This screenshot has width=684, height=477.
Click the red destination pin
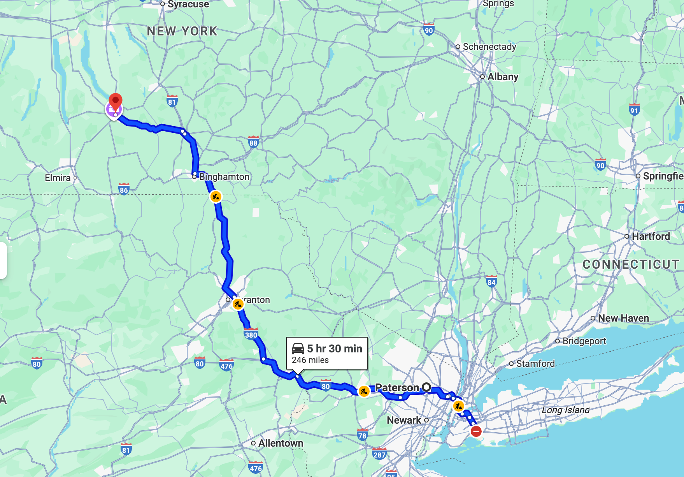tap(116, 101)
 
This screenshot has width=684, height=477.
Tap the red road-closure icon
tap(476, 431)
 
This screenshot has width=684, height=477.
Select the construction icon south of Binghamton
tap(216, 197)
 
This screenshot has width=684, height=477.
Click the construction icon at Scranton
tap(238, 304)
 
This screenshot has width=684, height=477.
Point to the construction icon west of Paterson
tap(363, 391)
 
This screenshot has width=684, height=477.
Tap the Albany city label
tap(503, 77)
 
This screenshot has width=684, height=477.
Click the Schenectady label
tap(489, 47)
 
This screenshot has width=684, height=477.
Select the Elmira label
tap(58, 178)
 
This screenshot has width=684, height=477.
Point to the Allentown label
tap(281, 443)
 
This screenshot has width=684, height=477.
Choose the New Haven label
tap(623, 318)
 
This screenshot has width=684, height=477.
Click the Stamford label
tap(535, 364)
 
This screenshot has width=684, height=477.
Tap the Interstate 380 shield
tap(251, 334)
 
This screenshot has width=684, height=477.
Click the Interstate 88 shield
tap(253, 142)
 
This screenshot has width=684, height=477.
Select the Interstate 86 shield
tap(124, 189)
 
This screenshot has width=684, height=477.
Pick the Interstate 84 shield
tap(491, 282)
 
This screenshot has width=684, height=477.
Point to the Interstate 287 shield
tap(379, 454)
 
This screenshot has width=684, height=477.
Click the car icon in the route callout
tap(298, 349)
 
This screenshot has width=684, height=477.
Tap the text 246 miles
tap(310, 360)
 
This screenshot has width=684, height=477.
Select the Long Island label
tap(565, 410)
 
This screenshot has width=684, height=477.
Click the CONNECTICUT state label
tap(630, 264)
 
